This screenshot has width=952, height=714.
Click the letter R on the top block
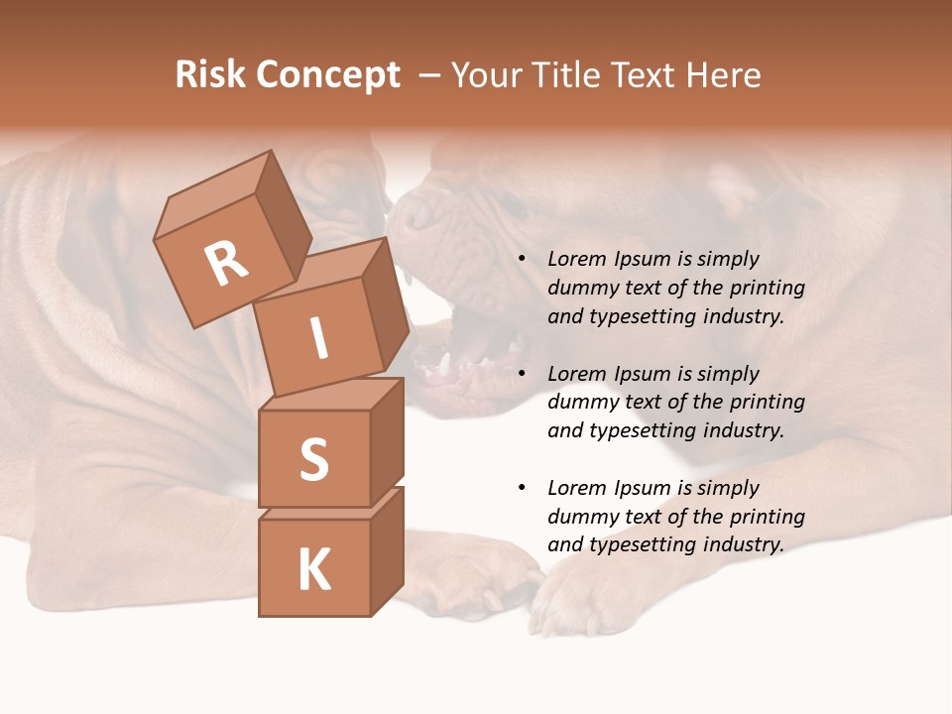point(226,264)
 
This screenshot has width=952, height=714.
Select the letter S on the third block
point(313,458)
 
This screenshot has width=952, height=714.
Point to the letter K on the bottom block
point(313,570)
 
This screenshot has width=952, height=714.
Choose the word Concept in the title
point(326,75)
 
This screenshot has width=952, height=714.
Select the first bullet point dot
point(521,260)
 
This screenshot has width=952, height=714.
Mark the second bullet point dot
point(521,374)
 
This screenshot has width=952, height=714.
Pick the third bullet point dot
point(521,488)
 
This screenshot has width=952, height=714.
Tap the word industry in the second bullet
point(743,430)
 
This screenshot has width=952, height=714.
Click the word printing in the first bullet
point(768,289)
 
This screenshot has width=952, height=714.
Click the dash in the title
point(430,75)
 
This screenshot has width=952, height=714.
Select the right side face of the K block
point(387,551)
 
